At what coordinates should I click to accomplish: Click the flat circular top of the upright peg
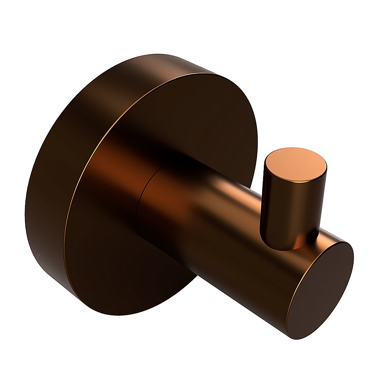(296, 165)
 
